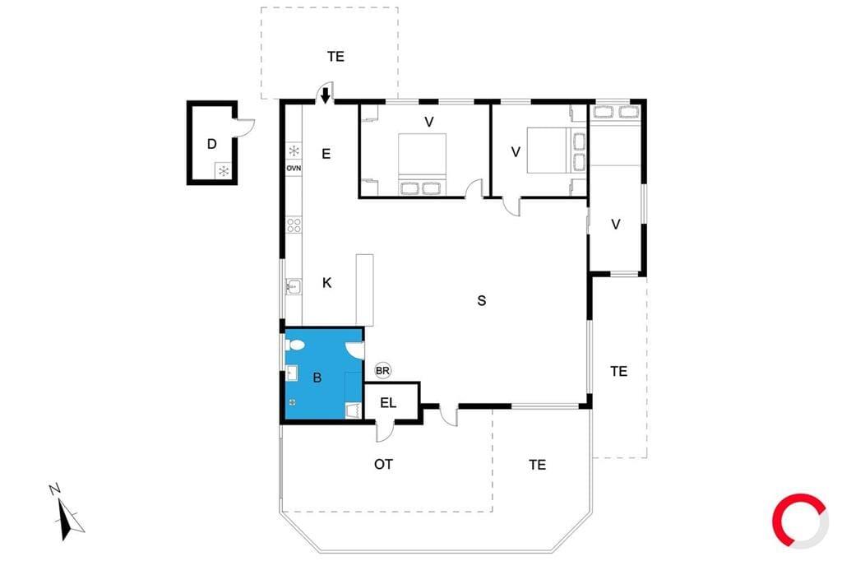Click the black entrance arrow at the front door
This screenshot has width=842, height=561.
(325, 95)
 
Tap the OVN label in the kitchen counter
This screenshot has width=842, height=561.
(294, 168)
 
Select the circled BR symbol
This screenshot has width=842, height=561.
(382, 370)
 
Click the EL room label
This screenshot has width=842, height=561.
(388, 402)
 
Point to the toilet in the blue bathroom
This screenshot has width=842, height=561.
(295, 344)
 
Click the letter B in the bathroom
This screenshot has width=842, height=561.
(317, 378)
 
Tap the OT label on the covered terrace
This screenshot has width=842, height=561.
(383, 464)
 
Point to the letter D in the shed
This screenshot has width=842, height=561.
(212, 143)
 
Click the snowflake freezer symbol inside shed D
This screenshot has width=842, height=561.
(224, 171)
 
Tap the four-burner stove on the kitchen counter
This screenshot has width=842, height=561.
(294, 225)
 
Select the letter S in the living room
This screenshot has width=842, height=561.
(482, 300)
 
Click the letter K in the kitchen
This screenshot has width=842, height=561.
(326, 283)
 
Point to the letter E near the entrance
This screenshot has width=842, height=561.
(326, 154)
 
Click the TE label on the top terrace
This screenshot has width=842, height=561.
(335, 57)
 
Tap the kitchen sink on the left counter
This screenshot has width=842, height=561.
(294, 287)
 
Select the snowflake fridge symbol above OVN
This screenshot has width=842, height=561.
(294, 151)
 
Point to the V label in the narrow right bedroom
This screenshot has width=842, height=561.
(616, 225)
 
